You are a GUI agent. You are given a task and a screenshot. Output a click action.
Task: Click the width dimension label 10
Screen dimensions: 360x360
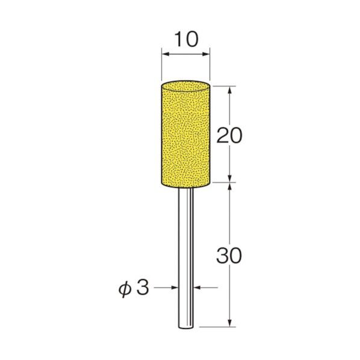pyautogui.click(x=185, y=40)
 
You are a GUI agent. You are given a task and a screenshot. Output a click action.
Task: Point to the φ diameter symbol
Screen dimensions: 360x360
pyautogui.click(x=123, y=288)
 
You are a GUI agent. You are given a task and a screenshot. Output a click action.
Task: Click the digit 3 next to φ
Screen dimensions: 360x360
pyautogui.click(x=142, y=288)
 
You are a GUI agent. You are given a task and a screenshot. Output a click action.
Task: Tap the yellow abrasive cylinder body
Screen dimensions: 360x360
pyautogui.click(x=185, y=135)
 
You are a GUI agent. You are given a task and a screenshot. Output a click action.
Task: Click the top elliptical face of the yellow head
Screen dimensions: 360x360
pyautogui.click(x=185, y=86)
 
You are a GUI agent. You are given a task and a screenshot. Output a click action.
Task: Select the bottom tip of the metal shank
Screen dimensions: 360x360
pyautogui.click(x=185, y=327)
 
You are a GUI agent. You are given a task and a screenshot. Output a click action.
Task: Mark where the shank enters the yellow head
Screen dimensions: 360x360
pyautogui.click(x=185, y=186)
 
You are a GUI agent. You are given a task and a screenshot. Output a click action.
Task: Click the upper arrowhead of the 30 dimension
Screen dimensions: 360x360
pyautogui.click(x=230, y=185)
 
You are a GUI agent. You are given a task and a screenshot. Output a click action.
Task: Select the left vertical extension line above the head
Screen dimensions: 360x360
pyautogui.click(x=161, y=66)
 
